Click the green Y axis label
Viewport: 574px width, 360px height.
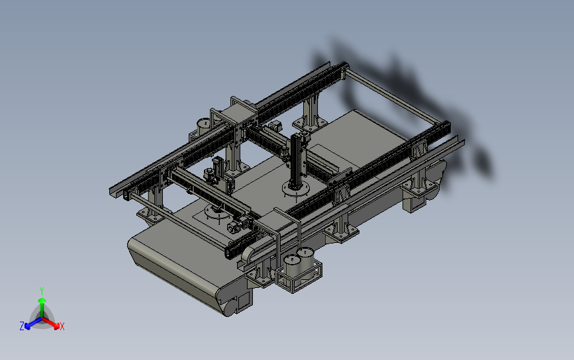click(x=41, y=291)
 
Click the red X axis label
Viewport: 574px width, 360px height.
click(x=62, y=326)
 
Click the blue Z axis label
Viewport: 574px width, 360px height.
click(x=22, y=326)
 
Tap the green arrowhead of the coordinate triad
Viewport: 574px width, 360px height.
click(x=42, y=301)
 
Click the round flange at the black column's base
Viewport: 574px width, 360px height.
click(x=296, y=189)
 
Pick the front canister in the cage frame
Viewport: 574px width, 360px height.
click(x=293, y=271)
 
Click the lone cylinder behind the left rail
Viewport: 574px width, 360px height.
click(x=203, y=126)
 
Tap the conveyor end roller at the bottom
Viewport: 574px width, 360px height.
click(x=230, y=307)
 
